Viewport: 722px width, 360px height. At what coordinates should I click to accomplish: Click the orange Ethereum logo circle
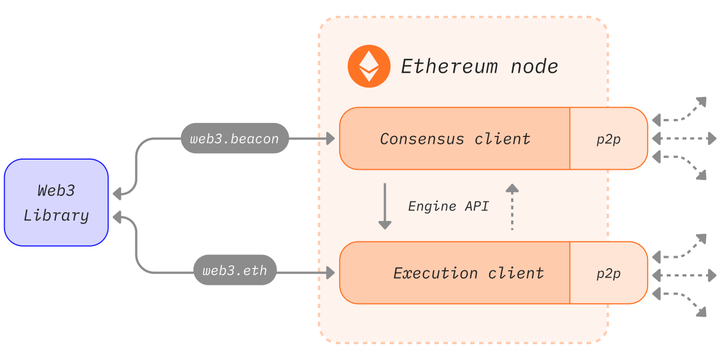coord(369,66)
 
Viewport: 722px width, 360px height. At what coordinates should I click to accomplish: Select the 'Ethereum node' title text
coord(479,67)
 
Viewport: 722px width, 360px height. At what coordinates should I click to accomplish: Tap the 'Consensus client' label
coord(455,138)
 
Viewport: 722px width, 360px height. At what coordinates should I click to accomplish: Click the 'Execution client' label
coord(468,273)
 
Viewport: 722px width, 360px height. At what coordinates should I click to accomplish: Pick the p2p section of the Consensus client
coord(609,139)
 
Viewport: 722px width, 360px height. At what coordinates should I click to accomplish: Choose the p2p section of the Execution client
coord(609,273)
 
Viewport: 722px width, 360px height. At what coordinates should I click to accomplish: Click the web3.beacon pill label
coord(235,138)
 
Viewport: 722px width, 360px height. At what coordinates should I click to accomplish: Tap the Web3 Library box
coord(56,203)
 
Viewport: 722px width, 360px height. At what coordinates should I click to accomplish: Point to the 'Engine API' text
coord(448,206)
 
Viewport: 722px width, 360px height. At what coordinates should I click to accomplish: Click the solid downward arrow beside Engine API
coord(385,206)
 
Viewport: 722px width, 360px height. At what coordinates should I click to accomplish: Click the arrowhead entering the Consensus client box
coord(330,138)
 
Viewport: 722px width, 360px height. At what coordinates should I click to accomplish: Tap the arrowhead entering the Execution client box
coord(330,273)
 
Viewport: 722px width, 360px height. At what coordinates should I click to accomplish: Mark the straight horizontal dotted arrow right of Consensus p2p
coord(684,138)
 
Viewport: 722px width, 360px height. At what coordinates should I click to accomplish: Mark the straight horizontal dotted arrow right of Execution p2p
coord(684,275)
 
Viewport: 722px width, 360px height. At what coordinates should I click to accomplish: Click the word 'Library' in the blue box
coord(56,216)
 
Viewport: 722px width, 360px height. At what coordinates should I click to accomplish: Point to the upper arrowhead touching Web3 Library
coord(117,194)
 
